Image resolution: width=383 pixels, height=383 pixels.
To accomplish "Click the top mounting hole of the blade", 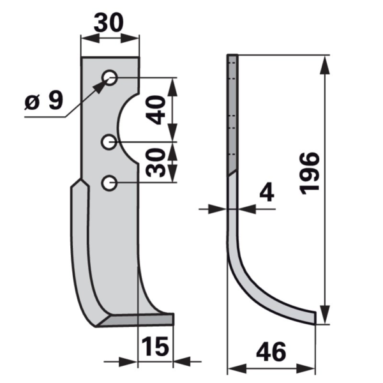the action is (110, 78).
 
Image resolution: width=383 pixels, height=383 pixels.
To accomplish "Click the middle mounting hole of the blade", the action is (109, 142).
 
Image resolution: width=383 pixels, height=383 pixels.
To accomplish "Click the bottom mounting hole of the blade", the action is (109, 183).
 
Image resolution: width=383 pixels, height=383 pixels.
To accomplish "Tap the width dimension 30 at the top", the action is (109, 22).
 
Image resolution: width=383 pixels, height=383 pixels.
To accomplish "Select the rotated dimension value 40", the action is (155, 110).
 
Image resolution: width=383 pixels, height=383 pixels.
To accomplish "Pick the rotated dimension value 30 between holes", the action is (155, 163).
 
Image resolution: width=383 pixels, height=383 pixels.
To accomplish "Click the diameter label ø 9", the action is (44, 100).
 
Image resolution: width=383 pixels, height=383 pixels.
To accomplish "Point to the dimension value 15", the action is (155, 346).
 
